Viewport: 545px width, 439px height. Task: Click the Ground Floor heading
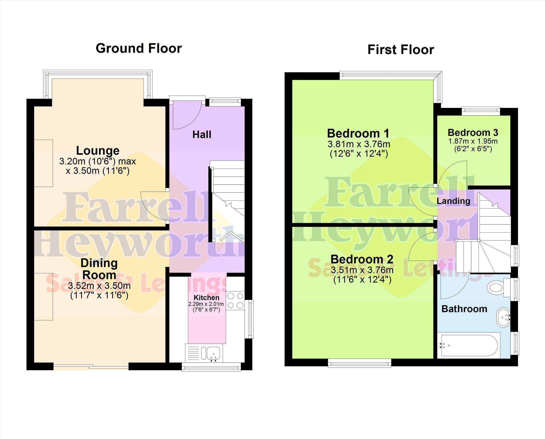139,48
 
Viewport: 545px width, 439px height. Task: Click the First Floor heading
401,50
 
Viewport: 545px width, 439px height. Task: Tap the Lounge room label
98,151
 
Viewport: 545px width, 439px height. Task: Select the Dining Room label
99,269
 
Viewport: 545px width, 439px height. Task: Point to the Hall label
202,135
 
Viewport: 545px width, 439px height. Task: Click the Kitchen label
206,298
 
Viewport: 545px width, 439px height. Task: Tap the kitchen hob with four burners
235,301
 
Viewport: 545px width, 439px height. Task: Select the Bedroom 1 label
358,133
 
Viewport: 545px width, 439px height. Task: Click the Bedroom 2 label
362,259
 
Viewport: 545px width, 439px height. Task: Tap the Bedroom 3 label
473,132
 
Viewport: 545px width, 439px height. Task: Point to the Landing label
453,201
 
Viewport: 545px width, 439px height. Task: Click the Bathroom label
464,309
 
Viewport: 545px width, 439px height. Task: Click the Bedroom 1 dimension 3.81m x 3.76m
359,144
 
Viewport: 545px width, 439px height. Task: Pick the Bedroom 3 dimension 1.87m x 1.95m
473,141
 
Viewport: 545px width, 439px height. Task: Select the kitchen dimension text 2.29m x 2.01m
206,304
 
